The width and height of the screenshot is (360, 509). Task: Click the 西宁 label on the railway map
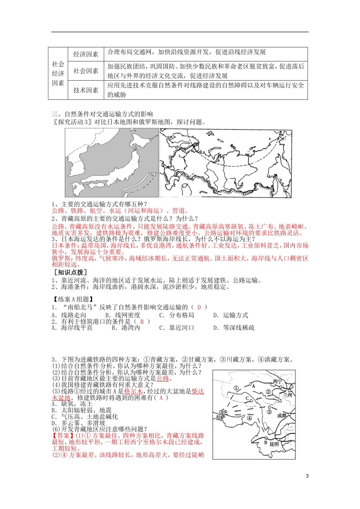click(x=278, y=381)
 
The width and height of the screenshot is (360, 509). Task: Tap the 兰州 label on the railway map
click(x=287, y=395)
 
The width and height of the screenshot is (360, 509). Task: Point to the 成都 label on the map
click(x=282, y=415)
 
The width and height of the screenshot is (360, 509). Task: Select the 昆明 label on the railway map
click(x=274, y=443)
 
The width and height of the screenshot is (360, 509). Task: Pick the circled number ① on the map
click(x=236, y=388)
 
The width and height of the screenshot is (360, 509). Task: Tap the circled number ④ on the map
click(x=249, y=418)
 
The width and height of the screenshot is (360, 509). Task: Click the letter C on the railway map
click(x=247, y=398)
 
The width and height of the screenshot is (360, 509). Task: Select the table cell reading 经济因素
click(x=86, y=54)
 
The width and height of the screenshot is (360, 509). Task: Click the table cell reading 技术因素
click(x=86, y=90)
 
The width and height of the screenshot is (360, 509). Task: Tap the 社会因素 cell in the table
click(x=86, y=71)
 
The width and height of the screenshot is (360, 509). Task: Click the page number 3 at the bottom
click(x=307, y=476)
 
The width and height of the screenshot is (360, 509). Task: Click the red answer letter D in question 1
click(x=199, y=307)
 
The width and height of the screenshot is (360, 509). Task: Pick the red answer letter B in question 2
click(x=142, y=322)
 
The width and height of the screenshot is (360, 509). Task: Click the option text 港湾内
click(x=130, y=328)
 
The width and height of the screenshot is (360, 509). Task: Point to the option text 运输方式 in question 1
click(x=235, y=315)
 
